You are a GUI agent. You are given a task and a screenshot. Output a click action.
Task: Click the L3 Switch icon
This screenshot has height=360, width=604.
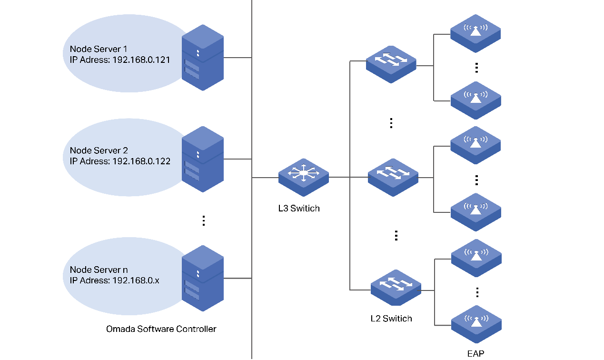[x=304, y=177]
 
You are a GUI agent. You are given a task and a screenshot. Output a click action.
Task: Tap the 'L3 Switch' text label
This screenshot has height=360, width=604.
[x=299, y=209]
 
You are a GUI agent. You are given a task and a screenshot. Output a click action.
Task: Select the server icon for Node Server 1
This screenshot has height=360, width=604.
[x=203, y=58]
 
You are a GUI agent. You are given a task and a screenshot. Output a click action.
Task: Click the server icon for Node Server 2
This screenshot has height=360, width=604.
[x=203, y=159]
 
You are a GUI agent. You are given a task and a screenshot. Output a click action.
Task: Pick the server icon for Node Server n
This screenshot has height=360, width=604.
[x=203, y=278]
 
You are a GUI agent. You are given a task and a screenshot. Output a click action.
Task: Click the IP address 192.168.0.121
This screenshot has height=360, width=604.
[x=141, y=60]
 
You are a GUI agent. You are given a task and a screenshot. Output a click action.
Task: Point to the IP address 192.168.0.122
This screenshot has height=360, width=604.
[x=141, y=161]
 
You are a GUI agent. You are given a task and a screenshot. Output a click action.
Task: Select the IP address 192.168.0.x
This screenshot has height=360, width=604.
[x=136, y=280]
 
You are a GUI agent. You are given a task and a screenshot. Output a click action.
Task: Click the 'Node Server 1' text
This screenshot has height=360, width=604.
[x=99, y=49]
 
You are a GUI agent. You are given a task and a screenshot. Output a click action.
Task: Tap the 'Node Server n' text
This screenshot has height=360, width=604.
[x=99, y=270]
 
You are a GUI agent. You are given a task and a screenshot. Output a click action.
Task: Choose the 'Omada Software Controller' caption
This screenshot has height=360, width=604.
[x=161, y=329]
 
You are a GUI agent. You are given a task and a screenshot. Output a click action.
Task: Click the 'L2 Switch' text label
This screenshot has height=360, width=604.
[x=391, y=319]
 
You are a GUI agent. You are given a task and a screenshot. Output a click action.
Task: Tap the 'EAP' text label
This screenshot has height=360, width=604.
[x=475, y=353]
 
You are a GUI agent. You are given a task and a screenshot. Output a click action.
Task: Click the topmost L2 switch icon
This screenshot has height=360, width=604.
[x=391, y=64]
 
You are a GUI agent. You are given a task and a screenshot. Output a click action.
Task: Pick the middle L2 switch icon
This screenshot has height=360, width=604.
[x=393, y=177]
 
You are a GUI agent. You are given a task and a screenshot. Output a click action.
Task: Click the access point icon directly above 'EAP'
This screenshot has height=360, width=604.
[x=476, y=324]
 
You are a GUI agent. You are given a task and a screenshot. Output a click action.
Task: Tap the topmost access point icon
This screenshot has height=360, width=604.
[x=475, y=33]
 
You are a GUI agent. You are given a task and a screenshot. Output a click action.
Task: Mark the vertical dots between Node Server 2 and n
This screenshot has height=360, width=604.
[x=203, y=220]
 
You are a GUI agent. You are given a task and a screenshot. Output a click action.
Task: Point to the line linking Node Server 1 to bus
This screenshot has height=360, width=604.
[x=238, y=58]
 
